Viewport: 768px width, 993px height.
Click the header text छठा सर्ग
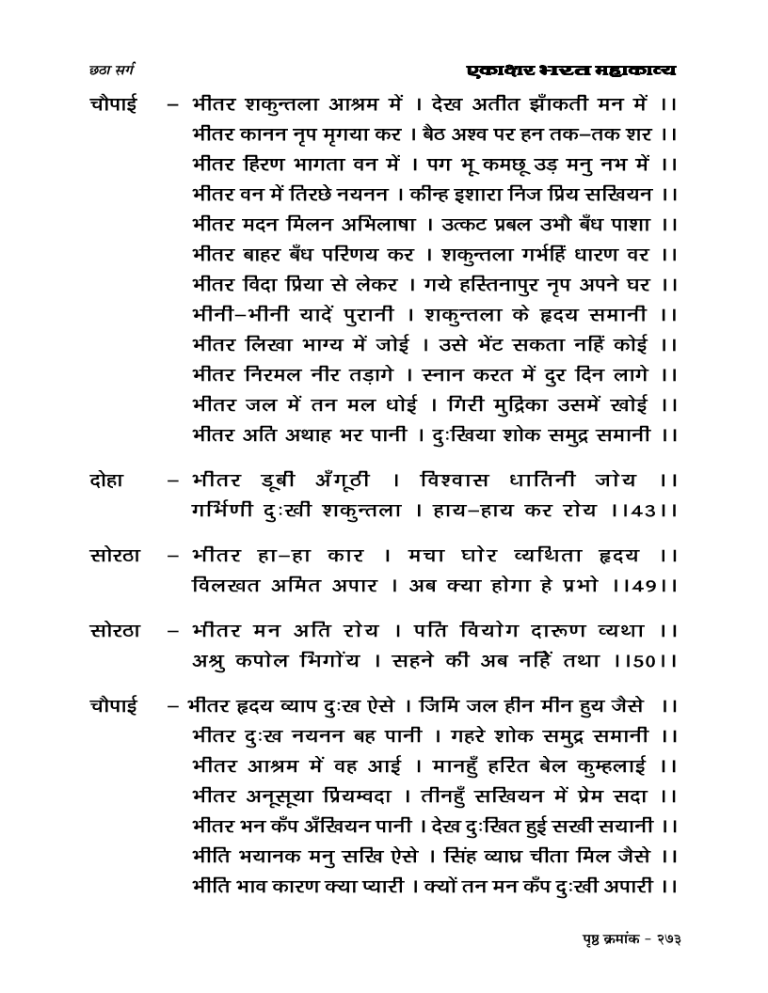click(x=109, y=70)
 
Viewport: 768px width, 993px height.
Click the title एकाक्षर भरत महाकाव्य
click(x=571, y=70)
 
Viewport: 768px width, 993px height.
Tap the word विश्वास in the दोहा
click(x=465, y=482)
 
